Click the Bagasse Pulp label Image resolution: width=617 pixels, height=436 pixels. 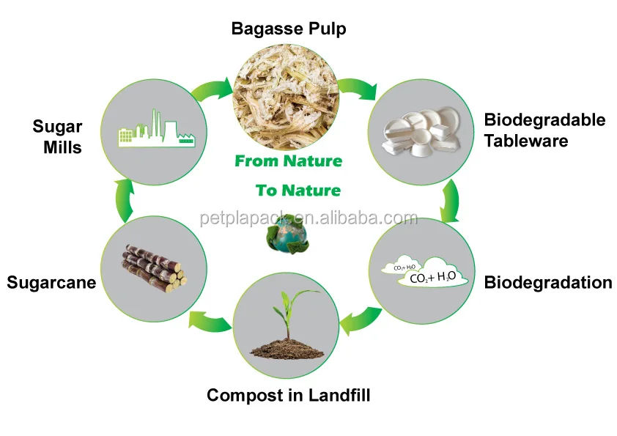[288, 29]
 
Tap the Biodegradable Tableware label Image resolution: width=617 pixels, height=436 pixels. [544, 130]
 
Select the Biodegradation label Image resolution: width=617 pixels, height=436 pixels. [548, 282]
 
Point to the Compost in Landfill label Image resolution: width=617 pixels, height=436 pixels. [288, 396]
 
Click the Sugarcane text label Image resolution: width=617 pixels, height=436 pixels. [51, 282]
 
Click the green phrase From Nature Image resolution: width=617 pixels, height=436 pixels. [288, 160]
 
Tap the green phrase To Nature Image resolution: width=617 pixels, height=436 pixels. [298, 191]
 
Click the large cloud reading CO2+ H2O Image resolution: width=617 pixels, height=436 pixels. [432, 275]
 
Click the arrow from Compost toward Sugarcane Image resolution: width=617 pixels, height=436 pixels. [209, 319]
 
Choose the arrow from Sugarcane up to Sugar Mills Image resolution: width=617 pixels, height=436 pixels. [125, 200]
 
